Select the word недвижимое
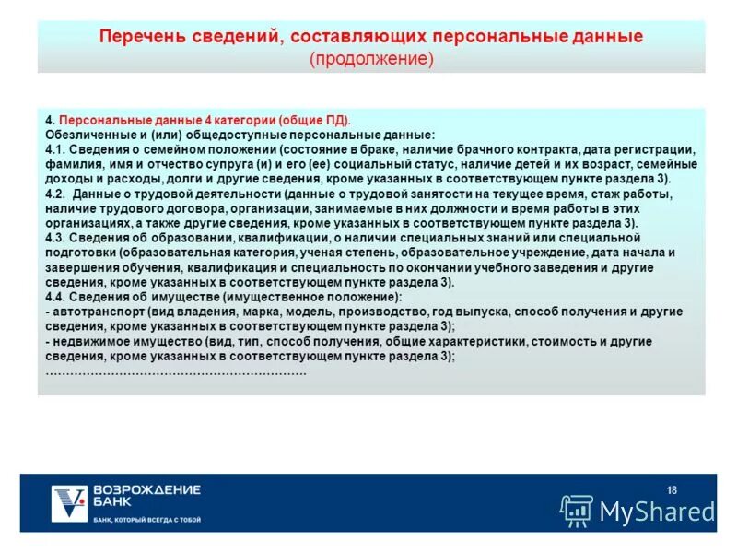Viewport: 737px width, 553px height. click(89, 341)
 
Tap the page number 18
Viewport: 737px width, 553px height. click(671, 488)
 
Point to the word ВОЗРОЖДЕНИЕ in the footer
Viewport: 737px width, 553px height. click(146, 488)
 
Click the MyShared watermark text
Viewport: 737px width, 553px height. click(657, 511)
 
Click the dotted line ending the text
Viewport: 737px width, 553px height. click(175, 371)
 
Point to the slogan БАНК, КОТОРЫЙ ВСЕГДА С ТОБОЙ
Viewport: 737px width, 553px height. click(146, 520)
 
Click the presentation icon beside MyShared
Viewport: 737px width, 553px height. click(578, 510)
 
